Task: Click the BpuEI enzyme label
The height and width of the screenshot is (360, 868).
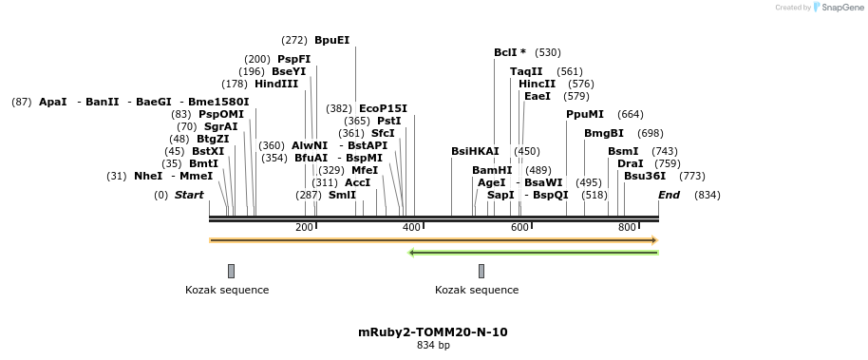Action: coord(331,40)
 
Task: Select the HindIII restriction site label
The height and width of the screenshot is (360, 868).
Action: coord(275,84)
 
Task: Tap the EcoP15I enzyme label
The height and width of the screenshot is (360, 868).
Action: coord(383,108)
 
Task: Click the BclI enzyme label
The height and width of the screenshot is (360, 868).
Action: coord(509,52)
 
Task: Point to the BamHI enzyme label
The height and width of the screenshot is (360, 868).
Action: coord(492,170)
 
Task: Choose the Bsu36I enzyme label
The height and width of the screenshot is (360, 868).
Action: coord(645,176)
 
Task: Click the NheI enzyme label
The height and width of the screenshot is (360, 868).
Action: coord(148,176)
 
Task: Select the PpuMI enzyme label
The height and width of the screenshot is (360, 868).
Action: coord(585,114)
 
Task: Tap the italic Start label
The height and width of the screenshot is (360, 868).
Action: coord(189,195)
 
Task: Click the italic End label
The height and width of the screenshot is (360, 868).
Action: coord(669,195)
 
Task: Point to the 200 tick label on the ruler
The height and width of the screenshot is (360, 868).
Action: coord(304,228)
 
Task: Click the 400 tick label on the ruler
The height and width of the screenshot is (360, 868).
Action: coord(411,228)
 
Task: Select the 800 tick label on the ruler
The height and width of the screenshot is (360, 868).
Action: coord(627,228)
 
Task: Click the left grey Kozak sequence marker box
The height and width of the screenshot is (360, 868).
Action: coord(231,271)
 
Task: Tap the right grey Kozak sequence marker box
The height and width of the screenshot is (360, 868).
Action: coord(481,271)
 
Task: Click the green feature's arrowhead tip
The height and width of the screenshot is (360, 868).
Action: coord(410,253)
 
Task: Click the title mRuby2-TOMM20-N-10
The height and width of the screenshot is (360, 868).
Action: coord(433,332)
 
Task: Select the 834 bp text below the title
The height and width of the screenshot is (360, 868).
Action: coord(433,345)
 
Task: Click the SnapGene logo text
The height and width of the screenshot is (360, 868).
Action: coord(839,8)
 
